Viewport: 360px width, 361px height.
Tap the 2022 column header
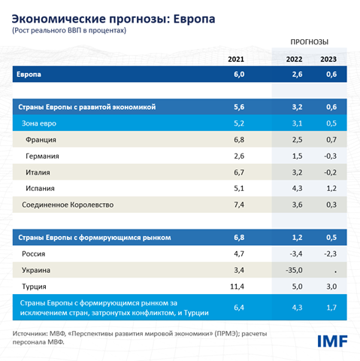pyautogui.click(x=295, y=59)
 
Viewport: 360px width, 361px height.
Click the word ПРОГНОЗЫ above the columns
pyautogui.click(x=311, y=42)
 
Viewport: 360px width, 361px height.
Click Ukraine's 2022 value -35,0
pyautogui.click(x=294, y=270)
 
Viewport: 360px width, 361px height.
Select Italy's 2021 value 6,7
pyautogui.click(x=238, y=172)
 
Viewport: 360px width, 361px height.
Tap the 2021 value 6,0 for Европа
pyautogui.click(x=238, y=75)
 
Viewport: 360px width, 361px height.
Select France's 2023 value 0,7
pyautogui.click(x=328, y=140)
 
